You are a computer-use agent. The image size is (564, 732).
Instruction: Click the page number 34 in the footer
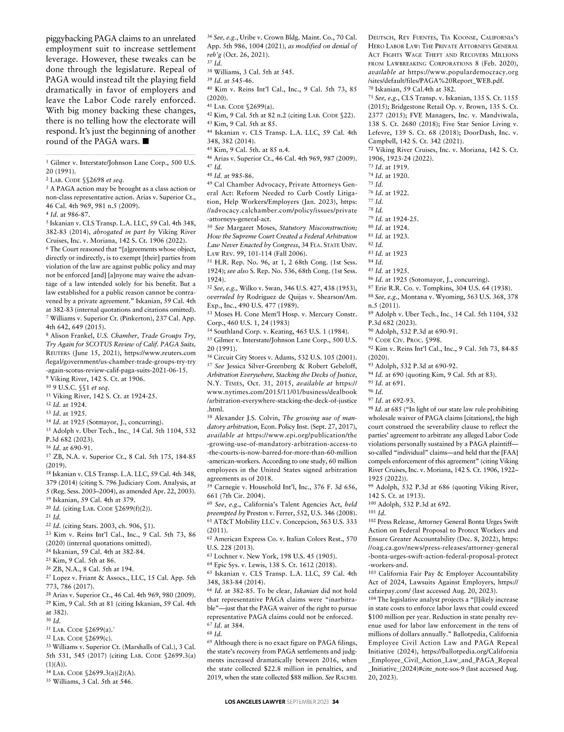click(x=335, y=716)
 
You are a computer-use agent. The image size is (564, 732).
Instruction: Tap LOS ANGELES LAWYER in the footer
click(x=254, y=716)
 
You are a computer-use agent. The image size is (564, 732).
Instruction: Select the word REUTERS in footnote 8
click(x=59, y=352)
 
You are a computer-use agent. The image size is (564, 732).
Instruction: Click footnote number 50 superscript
click(x=210, y=227)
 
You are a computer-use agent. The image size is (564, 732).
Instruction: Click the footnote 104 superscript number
click(x=372, y=599)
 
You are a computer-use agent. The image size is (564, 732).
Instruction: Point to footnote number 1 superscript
click(x=47, y=161)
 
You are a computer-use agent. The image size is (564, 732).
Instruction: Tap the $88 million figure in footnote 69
click(x=316, y=677)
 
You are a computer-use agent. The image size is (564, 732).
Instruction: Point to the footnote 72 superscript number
click(x=370, y=149)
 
